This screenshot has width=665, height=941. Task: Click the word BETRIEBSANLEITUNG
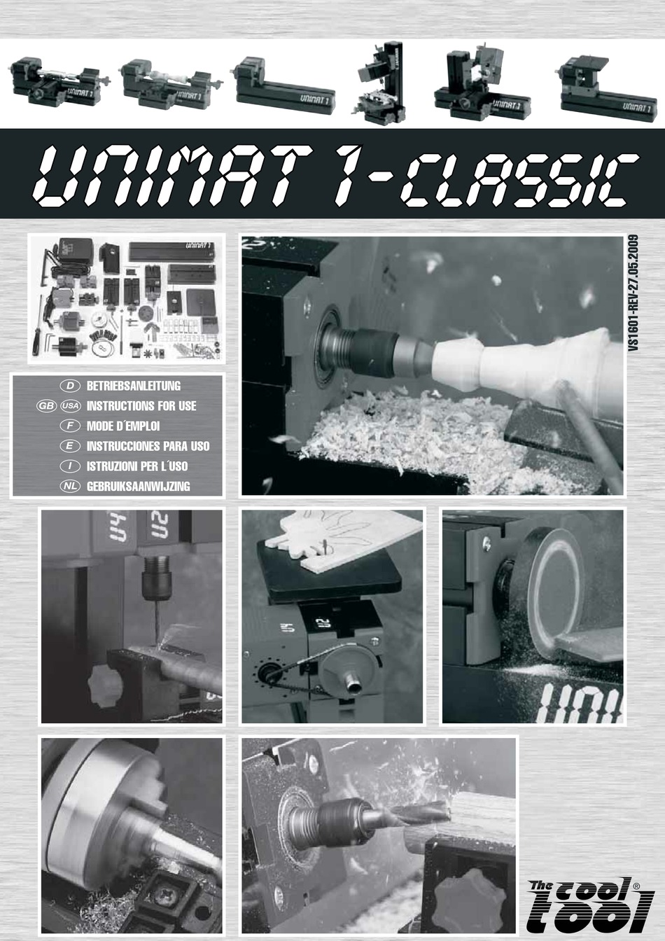coord(133,386)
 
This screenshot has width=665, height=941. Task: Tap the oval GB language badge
coord(46,405)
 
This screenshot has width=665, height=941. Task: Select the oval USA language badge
coord(70,405)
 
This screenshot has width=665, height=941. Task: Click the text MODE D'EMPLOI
coord(123,426)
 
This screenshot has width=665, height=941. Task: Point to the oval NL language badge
coord(70,486)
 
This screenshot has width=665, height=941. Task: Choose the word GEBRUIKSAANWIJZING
coord(138,486)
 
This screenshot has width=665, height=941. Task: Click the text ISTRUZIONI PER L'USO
coord(137,466)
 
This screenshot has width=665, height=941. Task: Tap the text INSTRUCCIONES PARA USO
coord(148,446)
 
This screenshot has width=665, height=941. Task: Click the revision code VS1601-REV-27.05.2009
coord(633,295)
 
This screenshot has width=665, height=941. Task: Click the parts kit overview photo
coord(126,299)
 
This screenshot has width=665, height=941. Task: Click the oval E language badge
coord(70,446)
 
